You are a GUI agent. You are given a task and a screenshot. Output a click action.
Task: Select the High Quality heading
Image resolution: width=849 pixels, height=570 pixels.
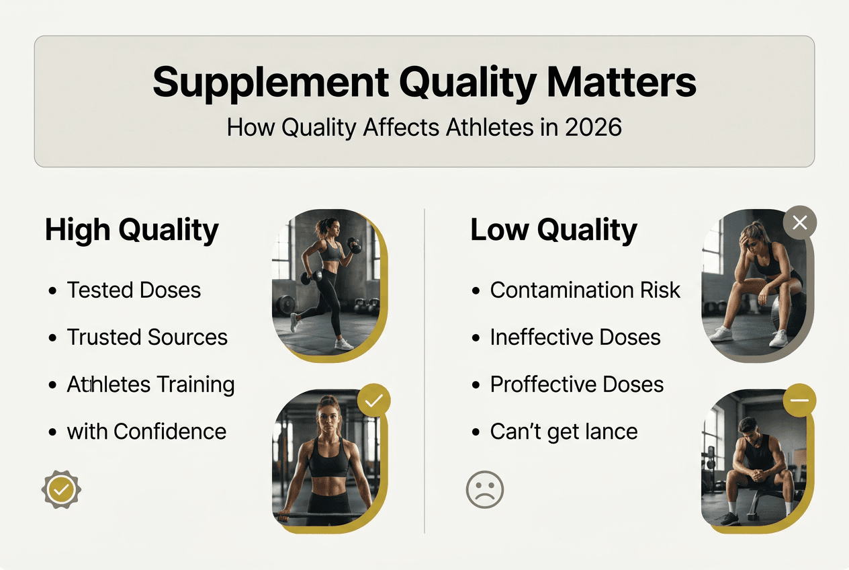click(132, 231)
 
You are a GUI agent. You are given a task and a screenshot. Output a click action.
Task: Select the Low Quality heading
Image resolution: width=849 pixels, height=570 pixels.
click(553, 231)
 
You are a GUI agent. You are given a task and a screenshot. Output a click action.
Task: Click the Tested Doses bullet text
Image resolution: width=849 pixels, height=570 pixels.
click(134, 290)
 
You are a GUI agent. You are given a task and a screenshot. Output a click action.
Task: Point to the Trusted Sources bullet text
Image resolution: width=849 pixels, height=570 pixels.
click(147, 337)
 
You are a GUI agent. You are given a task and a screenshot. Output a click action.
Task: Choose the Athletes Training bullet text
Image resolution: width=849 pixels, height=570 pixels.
click(150, 384)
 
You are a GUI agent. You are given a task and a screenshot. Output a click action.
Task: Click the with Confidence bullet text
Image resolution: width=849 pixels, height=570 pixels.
click(146, 432)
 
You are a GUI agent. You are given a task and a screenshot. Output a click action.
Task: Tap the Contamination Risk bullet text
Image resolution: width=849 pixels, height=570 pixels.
click(585, 290)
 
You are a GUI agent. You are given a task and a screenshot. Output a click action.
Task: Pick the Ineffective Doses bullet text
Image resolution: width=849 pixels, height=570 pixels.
click(575, 337)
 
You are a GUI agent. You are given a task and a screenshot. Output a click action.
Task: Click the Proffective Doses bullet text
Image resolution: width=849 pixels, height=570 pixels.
click(576, 384)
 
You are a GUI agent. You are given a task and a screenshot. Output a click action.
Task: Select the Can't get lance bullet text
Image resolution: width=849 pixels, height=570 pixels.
click(564, 432)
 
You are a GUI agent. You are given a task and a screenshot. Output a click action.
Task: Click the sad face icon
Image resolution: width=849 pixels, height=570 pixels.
click(484, 489)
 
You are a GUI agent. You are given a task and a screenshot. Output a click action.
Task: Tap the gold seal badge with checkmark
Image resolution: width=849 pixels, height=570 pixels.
click(61, 490)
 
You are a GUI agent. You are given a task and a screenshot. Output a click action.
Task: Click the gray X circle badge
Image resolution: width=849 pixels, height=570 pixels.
click(799, 223)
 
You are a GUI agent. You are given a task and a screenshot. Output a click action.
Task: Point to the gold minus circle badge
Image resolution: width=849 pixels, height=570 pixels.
click(799, 401)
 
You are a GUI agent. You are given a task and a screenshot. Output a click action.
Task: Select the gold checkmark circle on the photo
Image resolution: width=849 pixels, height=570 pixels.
click(373, 401)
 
